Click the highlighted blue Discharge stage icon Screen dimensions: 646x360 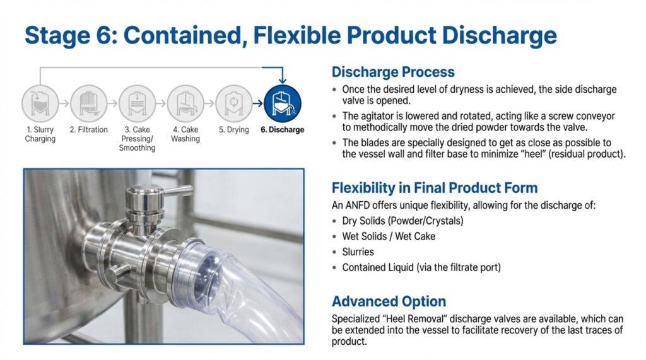coord(282,103)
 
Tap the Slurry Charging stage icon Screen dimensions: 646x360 coord(40,103)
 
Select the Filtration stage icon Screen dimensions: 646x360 coord(88,103)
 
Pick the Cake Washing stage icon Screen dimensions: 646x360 coord(185,103)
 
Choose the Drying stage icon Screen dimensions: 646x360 coord(233,103)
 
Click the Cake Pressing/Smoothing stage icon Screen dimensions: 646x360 coord(137,103)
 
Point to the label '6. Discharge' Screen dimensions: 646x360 coord(282,130)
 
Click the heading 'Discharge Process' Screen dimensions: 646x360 coord(393,72)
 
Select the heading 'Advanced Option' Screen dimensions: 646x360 coord(389,301)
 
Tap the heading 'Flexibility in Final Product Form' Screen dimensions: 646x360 coord(435,188)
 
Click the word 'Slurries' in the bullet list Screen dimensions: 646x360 coord(358,252)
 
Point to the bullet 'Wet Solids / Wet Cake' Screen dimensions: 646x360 coord(389,236)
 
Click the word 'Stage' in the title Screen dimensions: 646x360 coord(57,36)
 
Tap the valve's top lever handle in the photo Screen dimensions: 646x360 coord(177,190)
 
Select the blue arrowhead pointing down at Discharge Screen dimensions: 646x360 coord(282,80)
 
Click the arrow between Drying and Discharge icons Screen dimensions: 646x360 coord(258,103)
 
